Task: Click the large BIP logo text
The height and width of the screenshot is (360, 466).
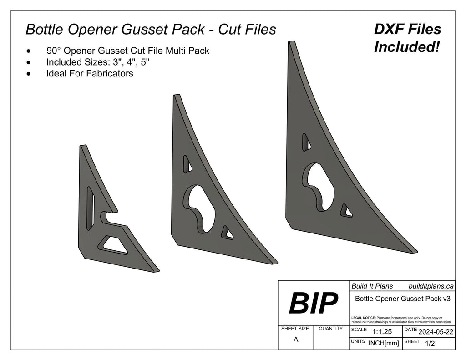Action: tap(313, 303)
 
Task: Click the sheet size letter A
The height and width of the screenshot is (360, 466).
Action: tap(296, 340)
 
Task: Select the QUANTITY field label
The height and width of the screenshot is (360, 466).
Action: tap(331, 329)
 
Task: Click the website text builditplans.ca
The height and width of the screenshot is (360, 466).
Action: tap(431, 286)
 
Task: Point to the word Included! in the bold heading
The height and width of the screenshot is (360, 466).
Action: tap(407, 47)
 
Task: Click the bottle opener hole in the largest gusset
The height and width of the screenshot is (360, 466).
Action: tap(319, 183)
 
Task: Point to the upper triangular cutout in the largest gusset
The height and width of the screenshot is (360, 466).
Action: tap(307, 142)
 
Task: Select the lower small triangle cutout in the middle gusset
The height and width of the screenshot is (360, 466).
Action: tap(226, 233)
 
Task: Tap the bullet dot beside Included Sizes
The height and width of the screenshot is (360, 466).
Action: tap(30, 62)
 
